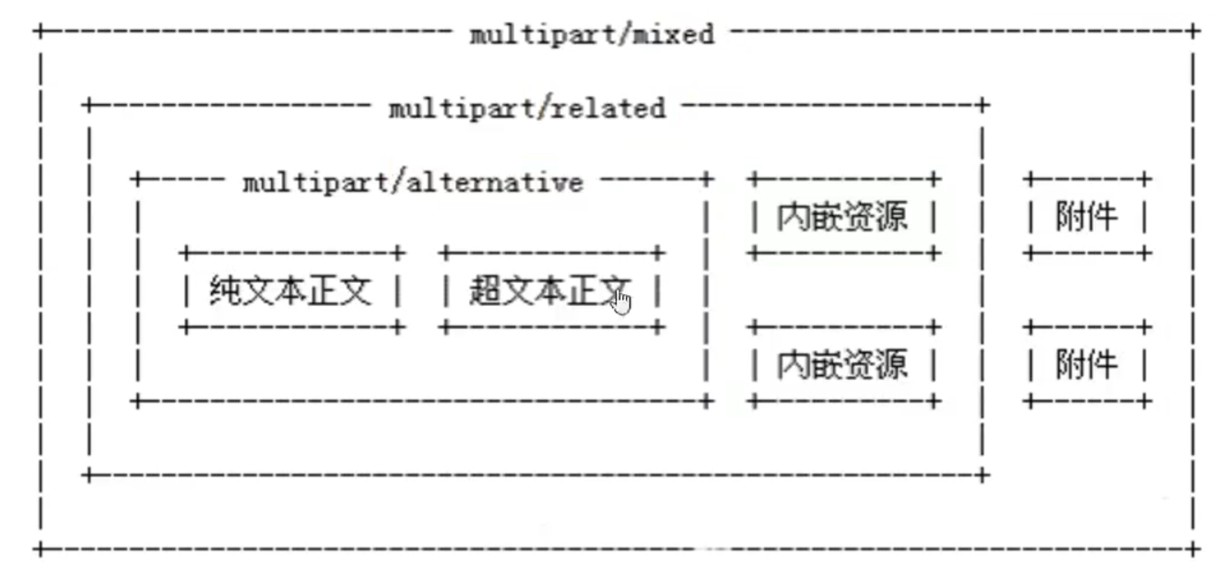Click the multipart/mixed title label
(x=592, y=35)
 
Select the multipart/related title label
(x=526, y=108)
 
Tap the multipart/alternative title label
(x=413, y=182)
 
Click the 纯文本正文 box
(x=291, y=290)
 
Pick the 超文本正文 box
(x=551, y=290)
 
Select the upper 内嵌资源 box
(x=842, y=218)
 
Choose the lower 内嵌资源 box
(x=842, y=365)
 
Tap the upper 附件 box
(x=1087, y=218)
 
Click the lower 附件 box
(x=1087, y=365)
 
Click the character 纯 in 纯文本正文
(x=224, y=290)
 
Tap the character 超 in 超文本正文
(x=484, y=290)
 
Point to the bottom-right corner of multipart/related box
(x=983, y=475)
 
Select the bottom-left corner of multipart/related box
(x=88, y=475)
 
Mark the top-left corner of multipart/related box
(x=88, y=105)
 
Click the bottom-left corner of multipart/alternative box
(x=136, y=401)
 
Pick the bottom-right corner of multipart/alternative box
(x=707, y=401)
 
